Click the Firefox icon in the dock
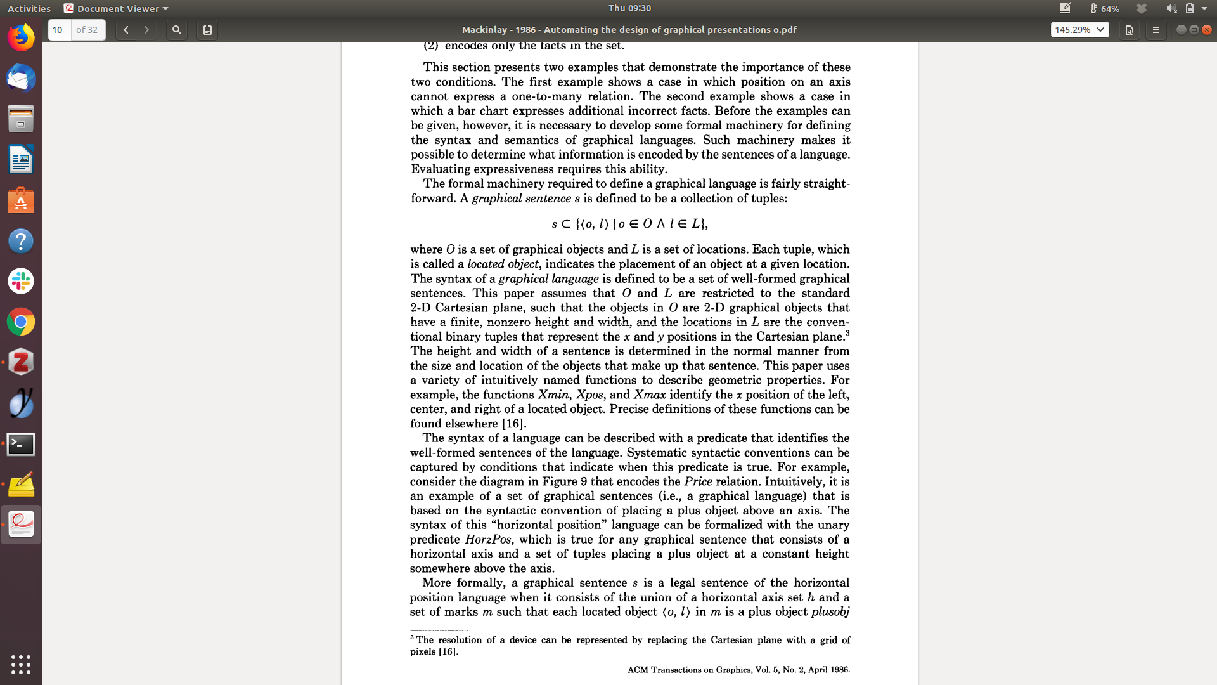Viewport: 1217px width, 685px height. click(x=21, y=37)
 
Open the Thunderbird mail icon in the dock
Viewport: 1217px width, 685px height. click(x=21, y=79)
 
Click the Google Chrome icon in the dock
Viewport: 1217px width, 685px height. click(x=21, y=322)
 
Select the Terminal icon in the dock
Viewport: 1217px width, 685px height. click(x=21, y=444)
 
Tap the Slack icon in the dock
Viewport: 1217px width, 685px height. click(x=21, y=281)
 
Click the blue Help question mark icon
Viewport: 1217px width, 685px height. click(x=21, y=241)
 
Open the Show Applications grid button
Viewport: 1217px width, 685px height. click(x=21, y=664)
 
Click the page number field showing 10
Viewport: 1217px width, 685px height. click(x=60, y=30)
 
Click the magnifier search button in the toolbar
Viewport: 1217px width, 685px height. click(x=177, y=30)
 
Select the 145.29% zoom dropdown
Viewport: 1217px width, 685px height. click(x=1079, y=30)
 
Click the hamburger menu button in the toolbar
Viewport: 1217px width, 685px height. click(x=1156, y=30)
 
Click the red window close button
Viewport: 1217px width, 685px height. click(x=1207, y=30)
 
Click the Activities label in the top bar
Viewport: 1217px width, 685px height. click(x=29, y=8)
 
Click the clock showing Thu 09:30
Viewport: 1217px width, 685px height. click(x=629, y=8)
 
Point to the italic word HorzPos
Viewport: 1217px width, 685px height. click(x=487, y=540)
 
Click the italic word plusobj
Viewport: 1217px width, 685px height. click(x=830, y=612)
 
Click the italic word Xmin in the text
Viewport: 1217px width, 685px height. click(x=553, y=395)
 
